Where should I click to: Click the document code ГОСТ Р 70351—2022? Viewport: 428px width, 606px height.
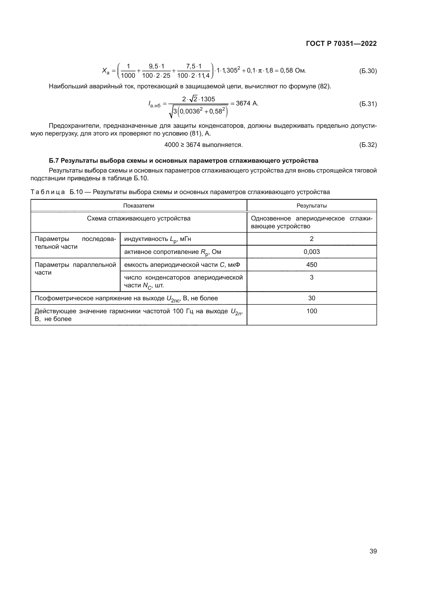point(341,44)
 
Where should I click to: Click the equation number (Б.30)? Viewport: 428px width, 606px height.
point(368,71)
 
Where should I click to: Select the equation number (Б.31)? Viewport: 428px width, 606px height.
point(368,104)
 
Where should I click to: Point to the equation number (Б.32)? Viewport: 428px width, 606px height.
point(368,145)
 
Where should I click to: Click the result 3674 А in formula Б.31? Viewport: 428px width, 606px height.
point(247,103)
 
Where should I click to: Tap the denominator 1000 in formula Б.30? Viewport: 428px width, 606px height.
point(128,76)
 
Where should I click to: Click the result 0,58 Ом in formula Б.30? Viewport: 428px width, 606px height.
point(293,71)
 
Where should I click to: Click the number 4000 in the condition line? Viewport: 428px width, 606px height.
point(171,145)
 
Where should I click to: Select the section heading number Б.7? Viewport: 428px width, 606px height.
point(54,161)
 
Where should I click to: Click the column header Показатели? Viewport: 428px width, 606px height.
point(139,206)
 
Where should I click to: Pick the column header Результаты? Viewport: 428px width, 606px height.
point(312,206)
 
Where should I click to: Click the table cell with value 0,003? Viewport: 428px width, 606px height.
point(312,252)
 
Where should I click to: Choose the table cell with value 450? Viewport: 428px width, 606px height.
point(312,265)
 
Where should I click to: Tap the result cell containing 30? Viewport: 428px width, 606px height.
point(312,298)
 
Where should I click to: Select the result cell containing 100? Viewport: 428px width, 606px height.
point(312,311)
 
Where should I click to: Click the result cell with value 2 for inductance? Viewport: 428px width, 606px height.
point(312,239)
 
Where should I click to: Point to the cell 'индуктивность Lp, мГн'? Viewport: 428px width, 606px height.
point(158,239)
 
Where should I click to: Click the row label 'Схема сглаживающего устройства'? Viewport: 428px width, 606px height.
point(139,219)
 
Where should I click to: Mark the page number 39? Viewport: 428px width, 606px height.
point(373,551)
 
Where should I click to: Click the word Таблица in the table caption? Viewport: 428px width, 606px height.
point(47,192)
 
